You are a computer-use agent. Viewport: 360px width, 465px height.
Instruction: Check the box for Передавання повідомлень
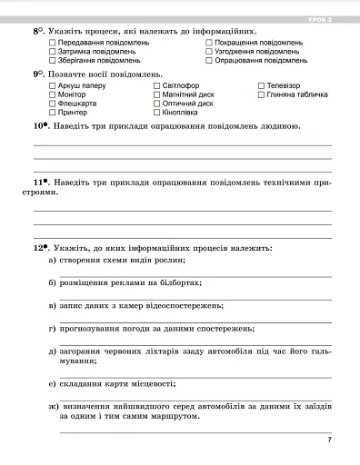tap(52, 43)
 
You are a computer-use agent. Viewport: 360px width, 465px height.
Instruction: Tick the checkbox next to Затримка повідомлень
tap(52, 52)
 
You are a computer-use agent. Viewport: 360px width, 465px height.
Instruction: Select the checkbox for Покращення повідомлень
tap(209, 43)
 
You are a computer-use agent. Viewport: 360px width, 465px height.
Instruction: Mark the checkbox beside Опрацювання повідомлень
tap(209, 61)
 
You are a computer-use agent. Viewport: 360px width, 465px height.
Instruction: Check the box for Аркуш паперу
tap(52, 85)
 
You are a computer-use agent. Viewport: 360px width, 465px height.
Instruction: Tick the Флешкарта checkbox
tap(52, 104)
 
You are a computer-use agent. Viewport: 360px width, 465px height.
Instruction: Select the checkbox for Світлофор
tap(155, 85)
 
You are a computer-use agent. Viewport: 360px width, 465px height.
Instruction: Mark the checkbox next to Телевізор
tap(261, 85)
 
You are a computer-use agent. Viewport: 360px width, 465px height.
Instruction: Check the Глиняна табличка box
tap(261, 94)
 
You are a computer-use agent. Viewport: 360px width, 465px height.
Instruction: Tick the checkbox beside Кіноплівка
tap(155, 113)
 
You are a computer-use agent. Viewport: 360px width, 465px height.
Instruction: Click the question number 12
tap(39, 247)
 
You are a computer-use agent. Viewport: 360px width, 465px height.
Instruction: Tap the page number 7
tap(329, 440)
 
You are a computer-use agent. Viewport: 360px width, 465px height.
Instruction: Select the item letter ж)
tap(52, 406)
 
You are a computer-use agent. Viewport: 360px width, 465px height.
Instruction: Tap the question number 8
tap(37, 31)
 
